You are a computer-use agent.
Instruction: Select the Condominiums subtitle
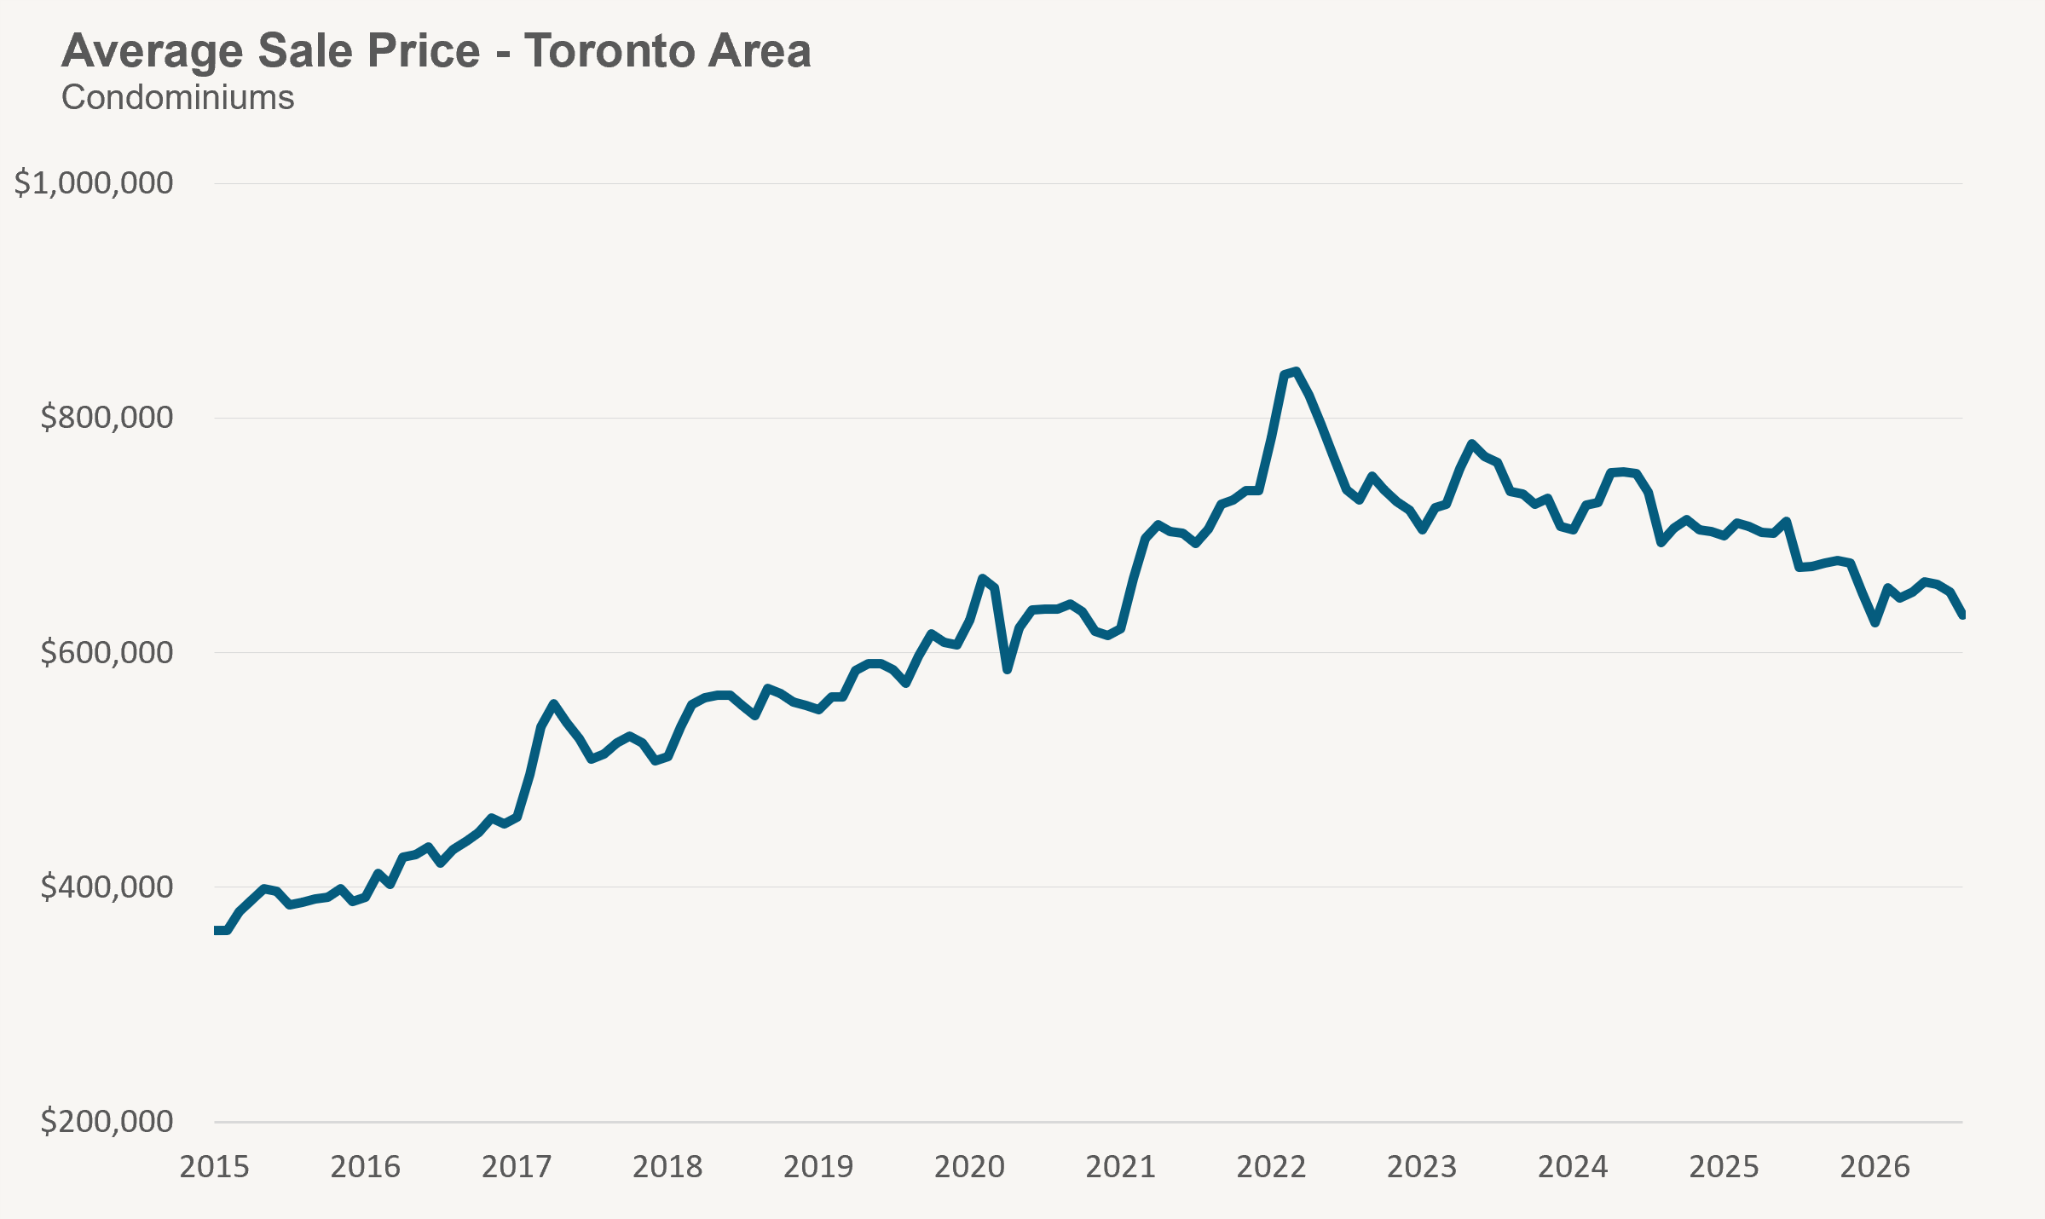coord(178,98)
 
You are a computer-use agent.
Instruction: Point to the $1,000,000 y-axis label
coord(94,182)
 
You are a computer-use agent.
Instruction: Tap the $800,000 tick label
coord(107,418)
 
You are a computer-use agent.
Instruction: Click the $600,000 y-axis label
coord(107,652)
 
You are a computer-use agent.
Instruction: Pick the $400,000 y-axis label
coord(107,887)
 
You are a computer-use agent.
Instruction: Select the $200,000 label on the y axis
coord(107,1121)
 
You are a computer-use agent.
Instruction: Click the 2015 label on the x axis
coord(214,1167)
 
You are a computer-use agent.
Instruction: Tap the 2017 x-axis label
coord(517,1167)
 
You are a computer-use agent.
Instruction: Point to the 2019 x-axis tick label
coord(818,1167)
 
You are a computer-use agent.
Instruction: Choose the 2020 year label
coord(969,1167)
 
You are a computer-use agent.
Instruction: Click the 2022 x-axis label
coord(1272,1167)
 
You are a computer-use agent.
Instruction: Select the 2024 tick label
coord(1574,1167)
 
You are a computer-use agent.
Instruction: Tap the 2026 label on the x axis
coord(1875,1167)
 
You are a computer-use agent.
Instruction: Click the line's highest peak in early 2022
coord(1296,371)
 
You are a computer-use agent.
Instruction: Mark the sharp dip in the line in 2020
coord(1007,670)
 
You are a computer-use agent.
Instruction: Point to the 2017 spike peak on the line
coord(553,703)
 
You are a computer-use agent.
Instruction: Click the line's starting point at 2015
coord(216,930)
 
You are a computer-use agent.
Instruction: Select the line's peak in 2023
coord(1472,443)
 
